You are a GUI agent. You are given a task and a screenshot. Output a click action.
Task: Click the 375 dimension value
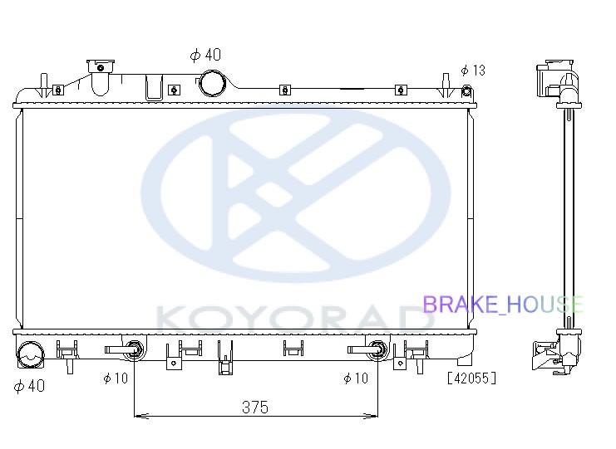point(255,407)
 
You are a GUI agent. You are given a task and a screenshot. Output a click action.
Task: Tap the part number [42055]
point(472,378)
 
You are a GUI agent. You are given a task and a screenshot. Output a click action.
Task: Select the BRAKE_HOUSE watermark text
point(503,305)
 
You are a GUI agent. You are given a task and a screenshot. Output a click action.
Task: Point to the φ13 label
point(473,71)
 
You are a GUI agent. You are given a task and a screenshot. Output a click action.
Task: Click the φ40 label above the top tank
point(205,55)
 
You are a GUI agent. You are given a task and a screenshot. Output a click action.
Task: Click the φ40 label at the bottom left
point(29,386)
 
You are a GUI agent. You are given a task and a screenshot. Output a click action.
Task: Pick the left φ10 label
point(116,378)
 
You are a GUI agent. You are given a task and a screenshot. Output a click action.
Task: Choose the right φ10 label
point(356,378)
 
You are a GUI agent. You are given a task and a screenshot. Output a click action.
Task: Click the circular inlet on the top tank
point(213,84)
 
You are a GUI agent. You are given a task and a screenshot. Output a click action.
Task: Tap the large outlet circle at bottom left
point(30,354)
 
